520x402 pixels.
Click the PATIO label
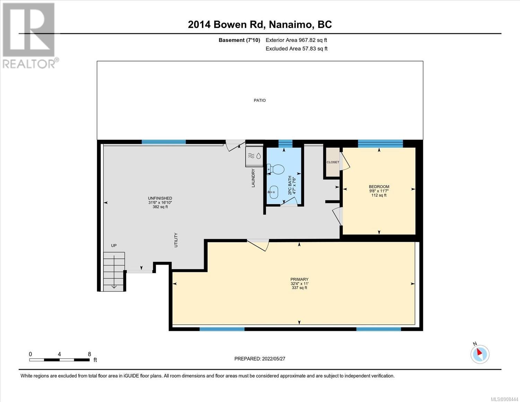point(260,100)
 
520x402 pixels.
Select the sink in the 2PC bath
point(273,192)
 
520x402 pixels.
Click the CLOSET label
point(333,162)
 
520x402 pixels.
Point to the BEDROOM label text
point(379,187)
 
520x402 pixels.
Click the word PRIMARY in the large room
point(300,279)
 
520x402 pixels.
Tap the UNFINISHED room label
point(160,198)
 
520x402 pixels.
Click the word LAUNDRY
point(253,178)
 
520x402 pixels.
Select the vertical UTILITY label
point(176,240)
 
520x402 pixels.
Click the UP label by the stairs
point(114,246)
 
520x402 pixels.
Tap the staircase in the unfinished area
point(114,272)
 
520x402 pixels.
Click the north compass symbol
point(480,354)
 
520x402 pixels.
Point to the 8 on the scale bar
point(89,354)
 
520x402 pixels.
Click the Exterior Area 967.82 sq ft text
point(296,40)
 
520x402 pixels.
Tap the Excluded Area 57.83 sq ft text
point(296,49)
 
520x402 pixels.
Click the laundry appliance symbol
point(254,156)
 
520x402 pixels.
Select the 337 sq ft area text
point(300,288)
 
